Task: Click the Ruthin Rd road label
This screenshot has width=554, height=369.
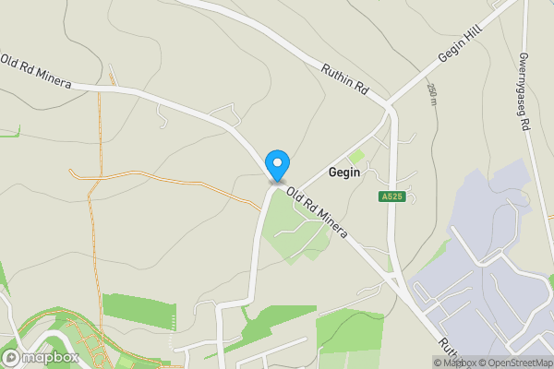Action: [345, 79]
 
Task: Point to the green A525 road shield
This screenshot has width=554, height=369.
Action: [390, 196]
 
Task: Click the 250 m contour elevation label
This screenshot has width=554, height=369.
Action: [431, 92]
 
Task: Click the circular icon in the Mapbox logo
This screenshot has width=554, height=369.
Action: [12, 357]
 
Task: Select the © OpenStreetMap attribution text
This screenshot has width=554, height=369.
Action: [515, 363]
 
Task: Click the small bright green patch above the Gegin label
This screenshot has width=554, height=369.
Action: [356, 157]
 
